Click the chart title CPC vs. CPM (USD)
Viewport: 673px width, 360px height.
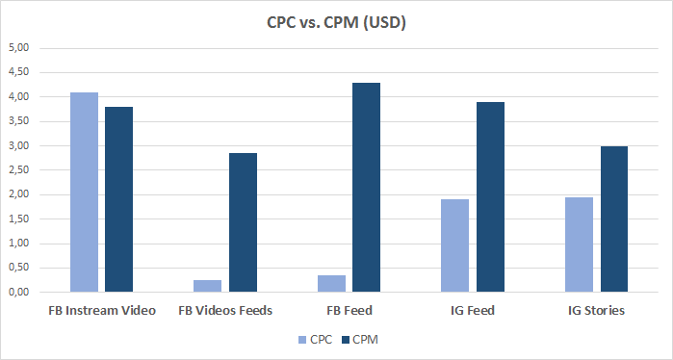(x=336, y=22)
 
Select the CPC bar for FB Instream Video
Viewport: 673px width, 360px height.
(x=84, y=193)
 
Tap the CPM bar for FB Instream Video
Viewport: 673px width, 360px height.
(x=118, y=199)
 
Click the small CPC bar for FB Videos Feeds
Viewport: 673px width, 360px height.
(x=207, y=286)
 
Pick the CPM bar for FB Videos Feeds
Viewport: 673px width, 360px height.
(x=243, y=222)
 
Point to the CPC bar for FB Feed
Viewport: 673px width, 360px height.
(x=331, y=283)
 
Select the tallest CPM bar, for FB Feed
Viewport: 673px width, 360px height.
(x=367, y=188)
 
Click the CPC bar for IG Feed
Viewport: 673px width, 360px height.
(x=454, y=245)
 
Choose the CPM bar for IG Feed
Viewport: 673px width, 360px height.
(x=490, y=197)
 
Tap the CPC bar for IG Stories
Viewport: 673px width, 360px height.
(x=579, y=244)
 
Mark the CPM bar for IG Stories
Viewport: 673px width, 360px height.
(x=614, y=219)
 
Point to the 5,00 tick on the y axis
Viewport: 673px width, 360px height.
(x=19, y=48)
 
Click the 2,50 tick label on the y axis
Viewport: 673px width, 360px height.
(x=19, y=169)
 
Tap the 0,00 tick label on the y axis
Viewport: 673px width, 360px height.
(x=19, y=292)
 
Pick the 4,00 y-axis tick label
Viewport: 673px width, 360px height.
(x=19, y=97)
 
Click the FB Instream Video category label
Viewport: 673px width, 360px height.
(x=102, y=311)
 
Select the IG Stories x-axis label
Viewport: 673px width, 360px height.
(x=596, y=311)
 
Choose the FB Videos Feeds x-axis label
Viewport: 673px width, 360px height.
(x=225, y=311)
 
